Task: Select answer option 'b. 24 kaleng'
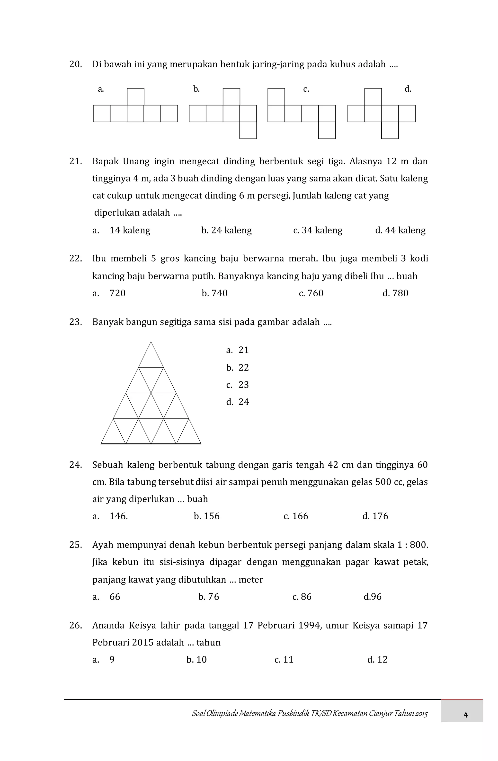226,230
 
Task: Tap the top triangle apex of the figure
151,342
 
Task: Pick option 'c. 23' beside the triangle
237,385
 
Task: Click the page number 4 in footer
465,715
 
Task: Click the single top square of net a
135,97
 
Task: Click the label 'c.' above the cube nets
306,89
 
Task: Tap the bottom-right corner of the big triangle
201,443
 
